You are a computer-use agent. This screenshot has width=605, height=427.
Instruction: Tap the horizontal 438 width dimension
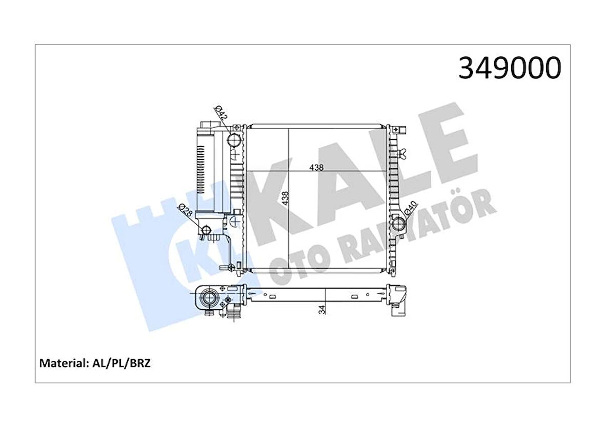(x=316, y=167)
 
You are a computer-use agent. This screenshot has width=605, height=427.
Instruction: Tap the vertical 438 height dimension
(x=286, y=198)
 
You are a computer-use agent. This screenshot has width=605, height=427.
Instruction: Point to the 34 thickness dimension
(x=322, y=309)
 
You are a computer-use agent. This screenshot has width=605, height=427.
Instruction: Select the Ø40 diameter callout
(x=410, y=210)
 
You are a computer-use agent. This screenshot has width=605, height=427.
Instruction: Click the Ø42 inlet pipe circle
(x=234, y=139)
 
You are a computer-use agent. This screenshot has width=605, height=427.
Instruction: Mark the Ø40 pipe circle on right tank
(x=399, y=223)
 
